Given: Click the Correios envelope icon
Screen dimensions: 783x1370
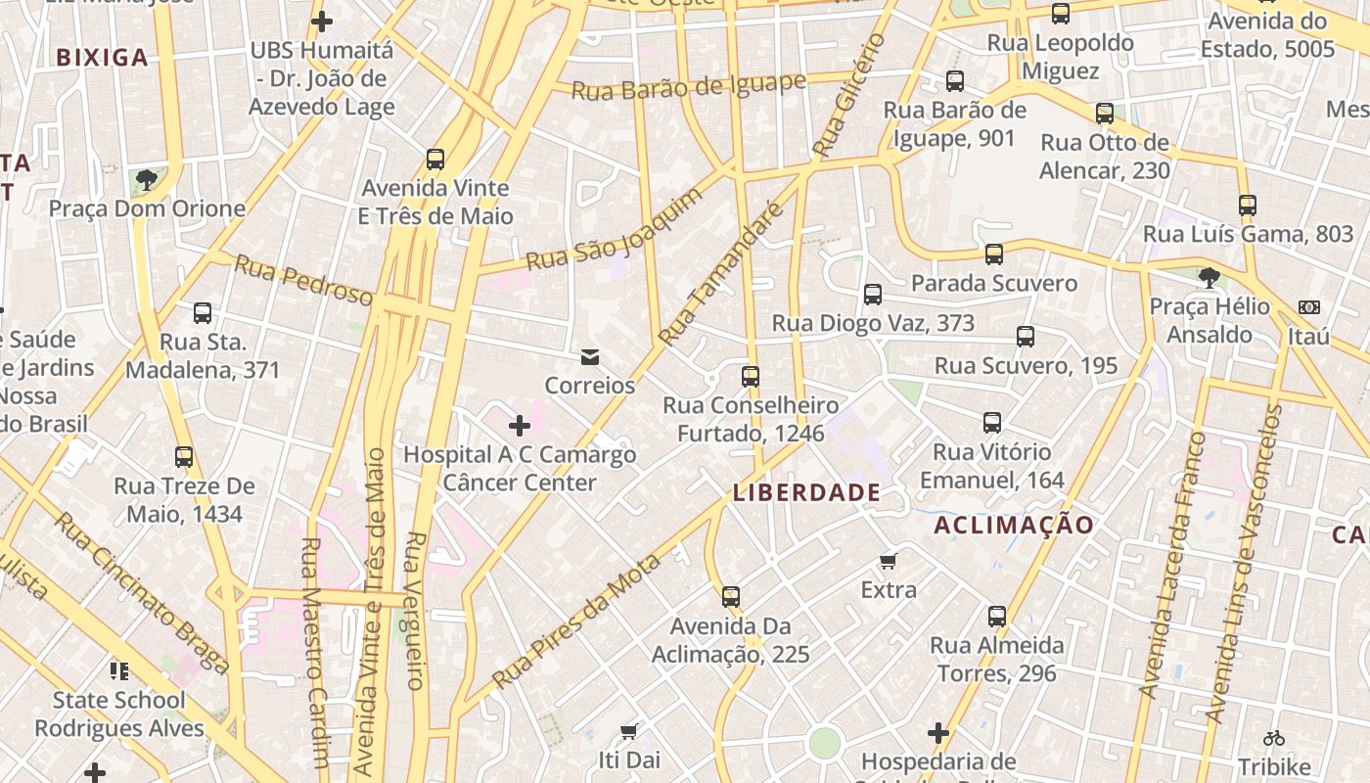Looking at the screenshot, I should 590,357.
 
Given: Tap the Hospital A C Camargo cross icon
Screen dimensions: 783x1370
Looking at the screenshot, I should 520,426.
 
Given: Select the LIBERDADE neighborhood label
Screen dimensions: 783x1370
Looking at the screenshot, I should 807,492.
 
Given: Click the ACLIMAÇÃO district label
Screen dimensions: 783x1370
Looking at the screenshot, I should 1014,526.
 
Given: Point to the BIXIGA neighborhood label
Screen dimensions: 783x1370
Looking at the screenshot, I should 103,58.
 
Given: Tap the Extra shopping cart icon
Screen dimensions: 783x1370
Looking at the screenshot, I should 889,561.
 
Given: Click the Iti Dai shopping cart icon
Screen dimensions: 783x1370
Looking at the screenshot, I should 629,731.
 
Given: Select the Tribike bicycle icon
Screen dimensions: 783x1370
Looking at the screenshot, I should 1273,738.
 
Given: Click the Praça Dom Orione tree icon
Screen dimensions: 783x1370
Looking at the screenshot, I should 147,180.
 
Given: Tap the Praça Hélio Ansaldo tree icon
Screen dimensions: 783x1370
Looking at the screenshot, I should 1210,278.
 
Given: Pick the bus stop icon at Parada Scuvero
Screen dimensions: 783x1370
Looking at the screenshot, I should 994,254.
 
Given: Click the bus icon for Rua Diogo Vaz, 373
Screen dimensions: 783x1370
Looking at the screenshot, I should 873,295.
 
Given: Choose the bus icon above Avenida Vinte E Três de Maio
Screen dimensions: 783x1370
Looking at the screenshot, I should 435,159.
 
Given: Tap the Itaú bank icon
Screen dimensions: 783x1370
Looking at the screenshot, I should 1308,307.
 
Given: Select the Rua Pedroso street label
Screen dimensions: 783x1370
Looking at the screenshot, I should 303,280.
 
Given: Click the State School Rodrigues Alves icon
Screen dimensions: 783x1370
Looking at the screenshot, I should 119,671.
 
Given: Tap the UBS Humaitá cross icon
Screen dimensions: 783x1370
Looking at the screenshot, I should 322,21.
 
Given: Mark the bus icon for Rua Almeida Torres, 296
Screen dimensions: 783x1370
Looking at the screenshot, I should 997,617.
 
